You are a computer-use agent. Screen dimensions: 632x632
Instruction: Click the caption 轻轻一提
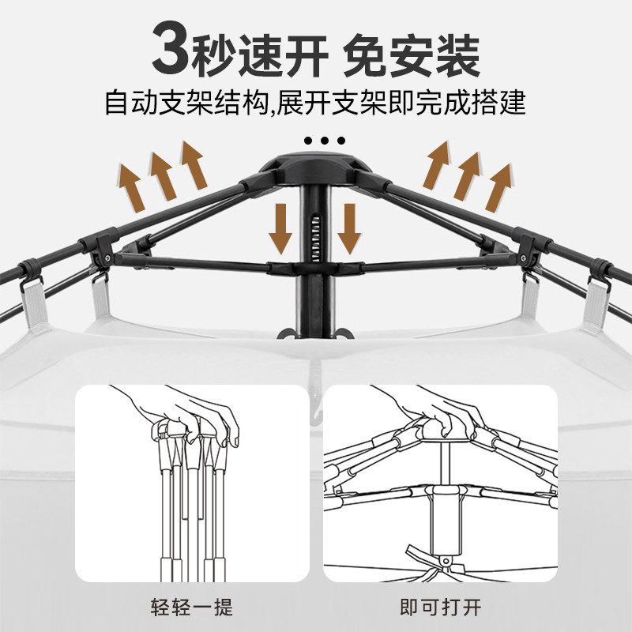click(191, 608)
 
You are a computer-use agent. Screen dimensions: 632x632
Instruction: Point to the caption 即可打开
click(440, 608)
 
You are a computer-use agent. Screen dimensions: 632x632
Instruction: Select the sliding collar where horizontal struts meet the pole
click(315, 268)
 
